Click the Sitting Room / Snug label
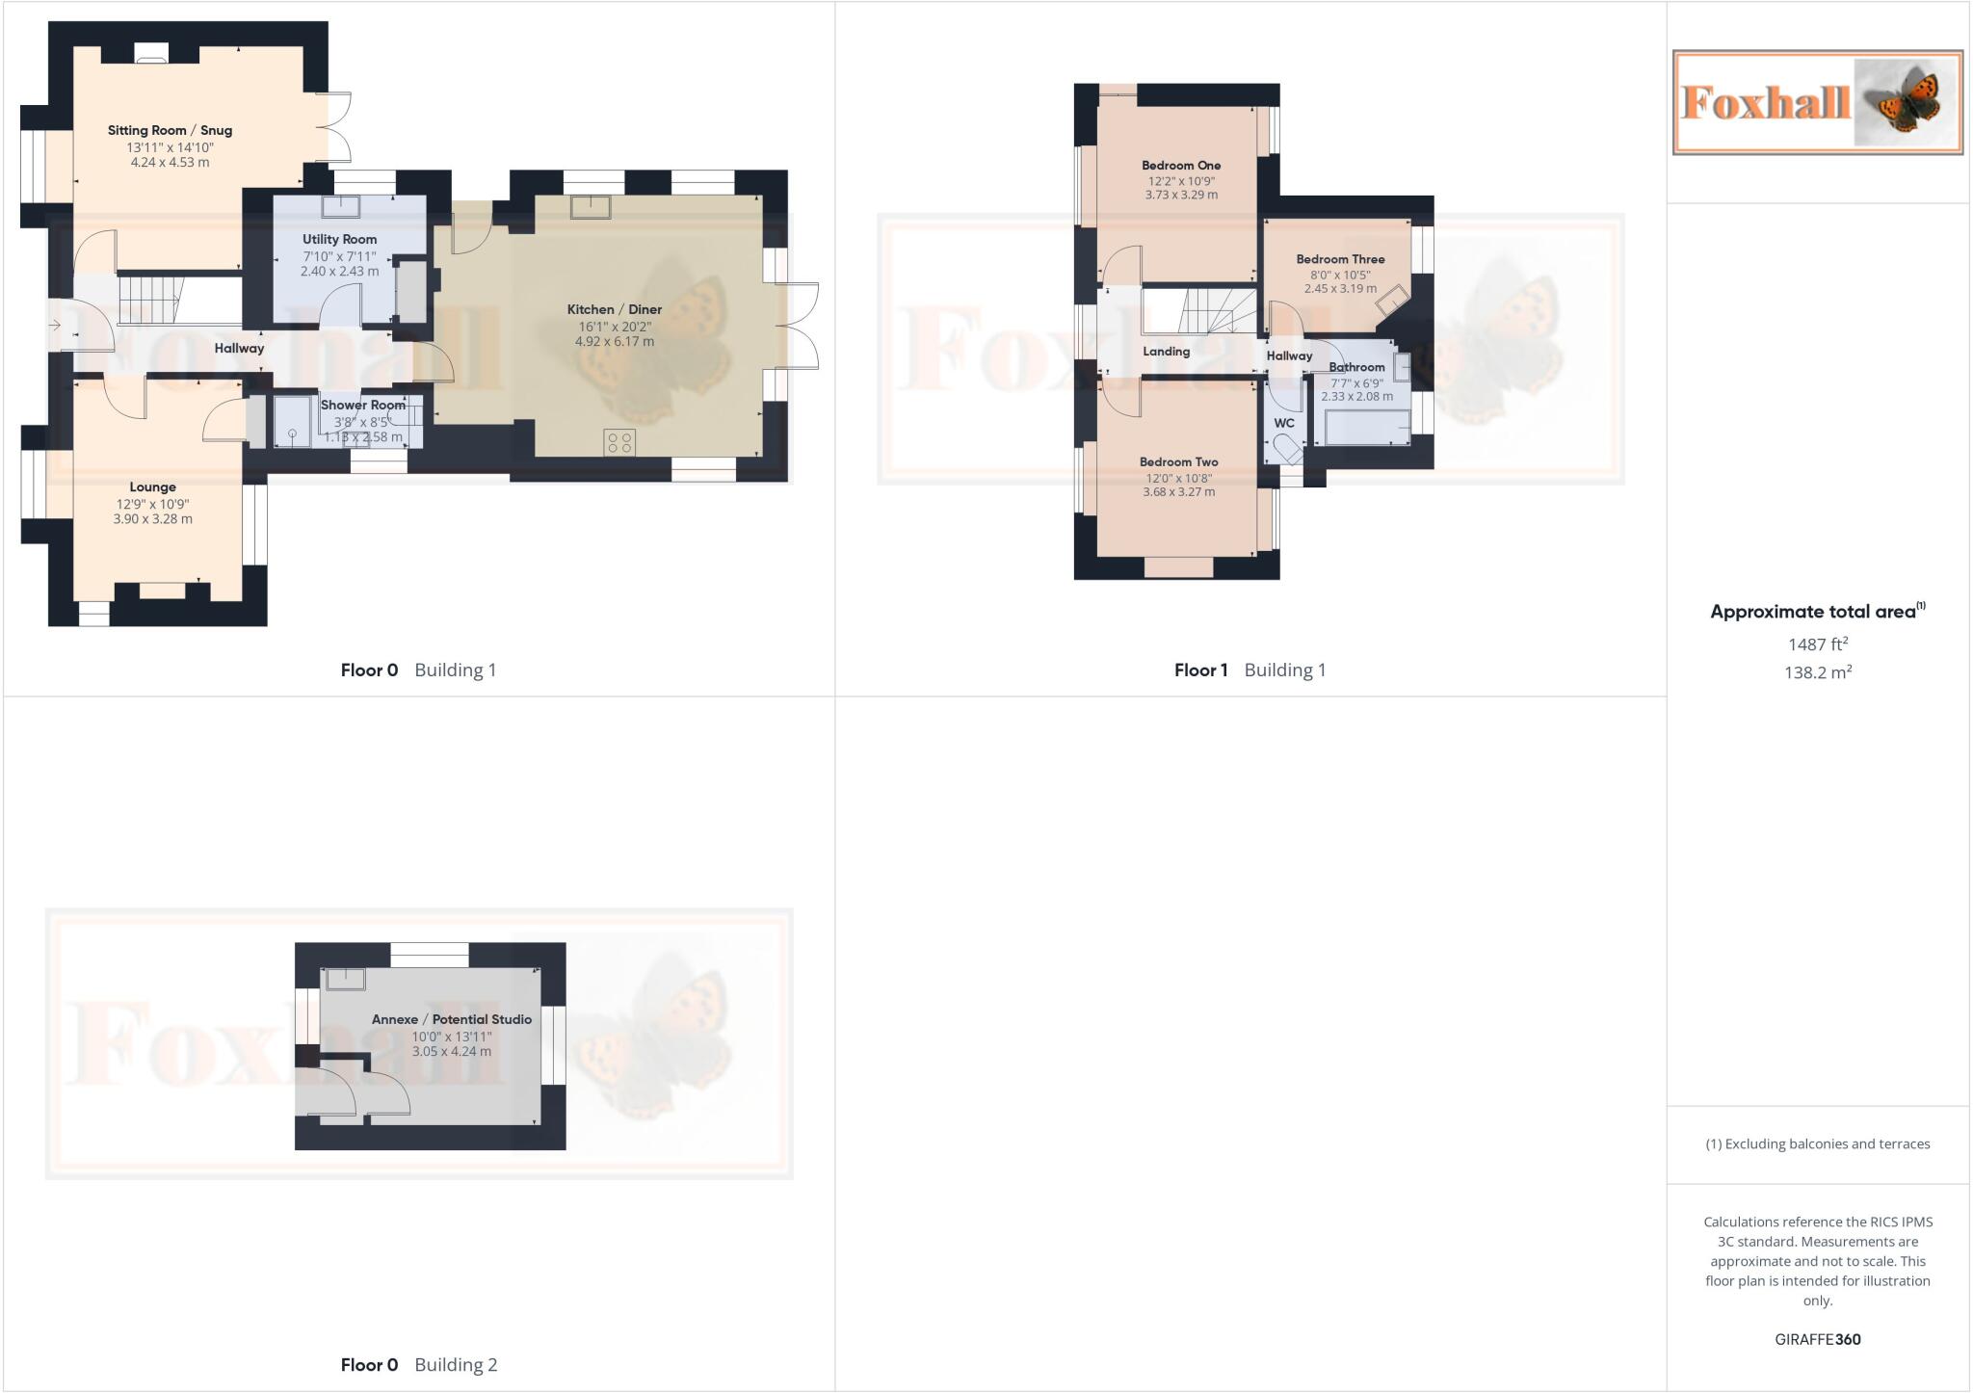coord(170,130)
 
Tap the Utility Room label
coord(339,239)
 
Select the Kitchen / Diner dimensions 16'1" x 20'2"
coord(615,327)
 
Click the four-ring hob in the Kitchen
coord(619,442)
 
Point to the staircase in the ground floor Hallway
coord(150,298)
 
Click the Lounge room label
coord(152,486)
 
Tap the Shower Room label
coord(363,405)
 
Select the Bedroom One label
coord(1181,166)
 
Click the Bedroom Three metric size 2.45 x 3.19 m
coord(1340,288)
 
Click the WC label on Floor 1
coord(1284,423)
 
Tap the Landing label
coord(1166,352)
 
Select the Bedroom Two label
coord(1178,462)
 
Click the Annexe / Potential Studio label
coord(451,1019)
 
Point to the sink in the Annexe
coord(345,979)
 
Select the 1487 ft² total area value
coord(1817,644)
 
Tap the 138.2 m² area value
coord(1817,672)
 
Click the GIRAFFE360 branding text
coord(1817,1339)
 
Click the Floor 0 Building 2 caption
coord(418,1364)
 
